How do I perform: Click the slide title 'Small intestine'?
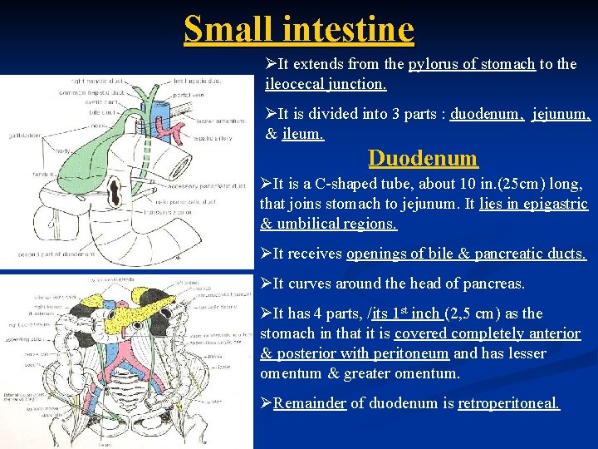[299, 29]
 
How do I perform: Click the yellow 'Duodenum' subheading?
[423, 158]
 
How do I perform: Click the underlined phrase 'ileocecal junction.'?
[326, 84]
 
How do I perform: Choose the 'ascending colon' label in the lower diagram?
[22, 339]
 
